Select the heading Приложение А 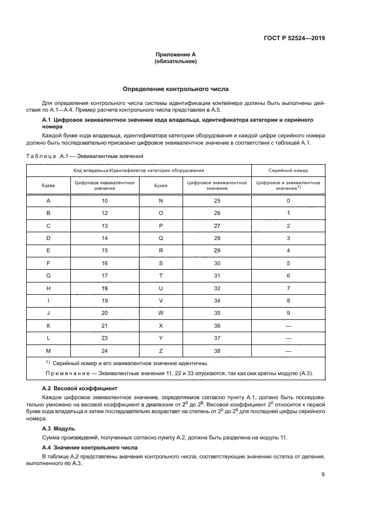click(x=175, y=55)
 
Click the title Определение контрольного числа click(x=175, y=89)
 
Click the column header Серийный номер click(x=288, y=170)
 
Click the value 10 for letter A click(x=105, y=200)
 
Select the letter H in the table click(x=48, y=288)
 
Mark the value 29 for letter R click(x=217, y=251)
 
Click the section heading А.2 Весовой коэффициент click(x=79, y=387)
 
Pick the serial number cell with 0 click(x=288, y=200)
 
